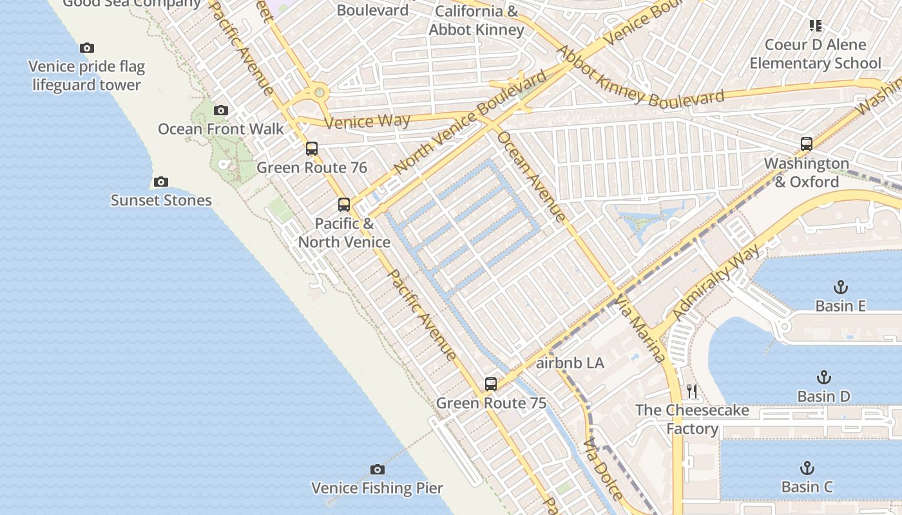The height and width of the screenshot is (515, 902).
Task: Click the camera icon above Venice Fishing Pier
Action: pos(378,469)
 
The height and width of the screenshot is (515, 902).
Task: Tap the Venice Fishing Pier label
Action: pos(378,488)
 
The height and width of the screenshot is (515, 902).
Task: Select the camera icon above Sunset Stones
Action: pos(161,182)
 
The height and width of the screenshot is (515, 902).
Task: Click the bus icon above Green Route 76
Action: pos(312,149)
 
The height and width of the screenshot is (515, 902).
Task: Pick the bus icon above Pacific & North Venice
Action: pos(344,205)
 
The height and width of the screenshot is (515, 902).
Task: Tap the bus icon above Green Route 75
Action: pos(491,384)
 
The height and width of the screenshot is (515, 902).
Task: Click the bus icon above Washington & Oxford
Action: pos(806,144)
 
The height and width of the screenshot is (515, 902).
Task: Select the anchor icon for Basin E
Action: pos(840,287)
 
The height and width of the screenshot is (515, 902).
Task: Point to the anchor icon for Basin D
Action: pos(823,377)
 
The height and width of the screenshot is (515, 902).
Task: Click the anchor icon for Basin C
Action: pos(807,468)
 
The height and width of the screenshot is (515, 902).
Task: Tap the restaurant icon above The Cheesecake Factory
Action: pos(692,391)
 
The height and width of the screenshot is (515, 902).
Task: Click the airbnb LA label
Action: pos(570,363)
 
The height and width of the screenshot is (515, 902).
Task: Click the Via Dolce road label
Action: pos(603,469)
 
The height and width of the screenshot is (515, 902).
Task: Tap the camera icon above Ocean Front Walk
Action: pos(221,110)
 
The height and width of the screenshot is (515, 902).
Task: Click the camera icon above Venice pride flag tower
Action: pos(87,48)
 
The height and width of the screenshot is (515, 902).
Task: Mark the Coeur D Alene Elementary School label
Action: pos(815,54)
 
